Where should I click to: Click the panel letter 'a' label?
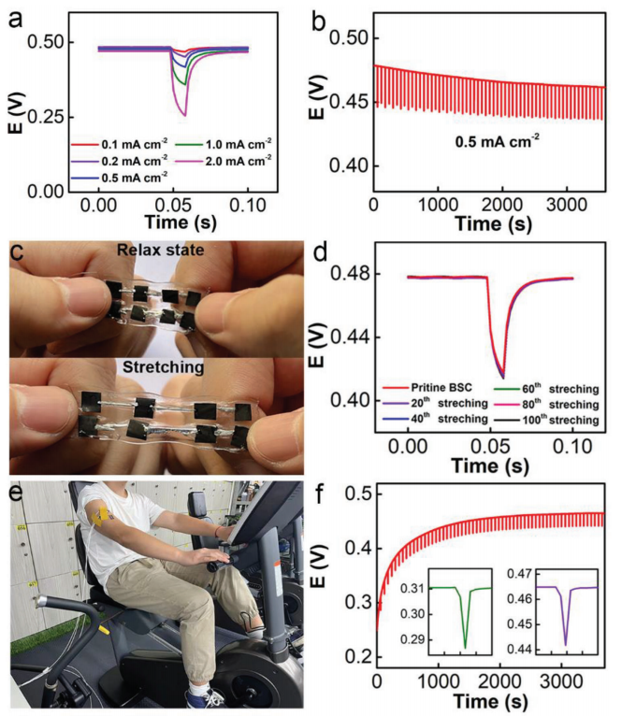tap(16, 17)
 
